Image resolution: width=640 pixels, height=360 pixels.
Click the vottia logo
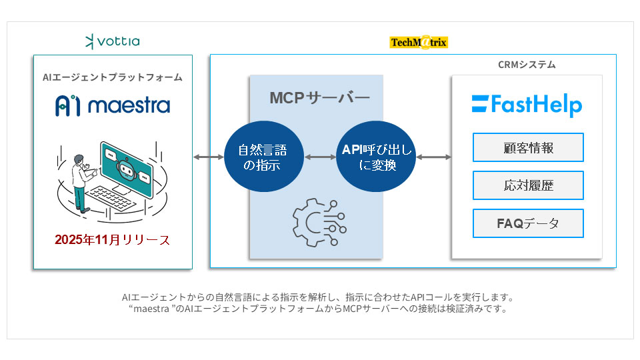(112, 42)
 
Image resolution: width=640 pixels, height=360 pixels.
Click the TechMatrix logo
(419, 43)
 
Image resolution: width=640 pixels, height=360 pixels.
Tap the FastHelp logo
(527, 105)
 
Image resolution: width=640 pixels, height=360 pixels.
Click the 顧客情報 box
(528, 147)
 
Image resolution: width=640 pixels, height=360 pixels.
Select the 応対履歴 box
(528, 185)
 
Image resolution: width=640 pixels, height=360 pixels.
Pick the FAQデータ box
(528, 223)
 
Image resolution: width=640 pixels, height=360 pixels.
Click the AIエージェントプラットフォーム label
(113, 77)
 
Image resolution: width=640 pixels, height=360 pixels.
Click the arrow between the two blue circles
(320, 157)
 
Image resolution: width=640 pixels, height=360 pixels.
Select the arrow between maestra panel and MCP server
(208, 157)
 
